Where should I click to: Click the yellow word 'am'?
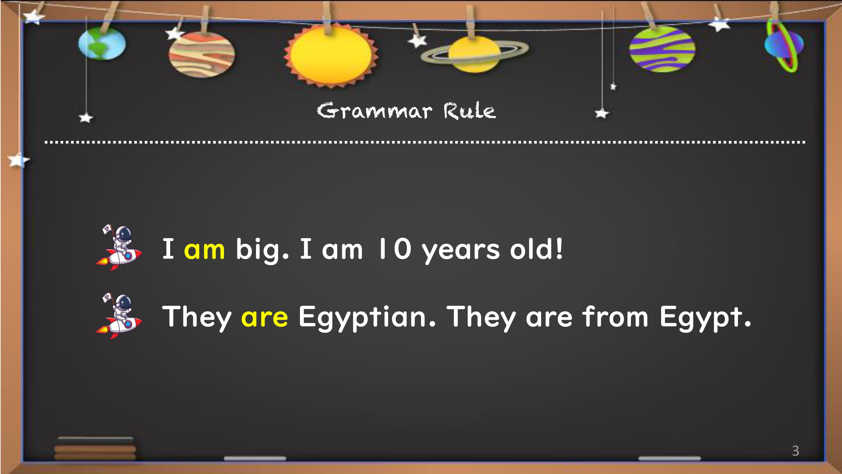(204, 250)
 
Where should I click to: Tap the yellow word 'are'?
(265, 317)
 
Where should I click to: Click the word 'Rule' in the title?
(469, 111)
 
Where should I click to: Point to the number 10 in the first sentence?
(394, 249)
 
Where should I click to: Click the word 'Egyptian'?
(367, 317)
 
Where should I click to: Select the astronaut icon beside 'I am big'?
(118, 248)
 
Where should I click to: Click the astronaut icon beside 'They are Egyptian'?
(118, 316)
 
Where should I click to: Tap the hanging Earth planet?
(102, 44)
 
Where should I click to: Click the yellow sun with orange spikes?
(331, 55)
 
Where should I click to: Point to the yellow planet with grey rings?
(474, 54)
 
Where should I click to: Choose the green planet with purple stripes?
(662, 49)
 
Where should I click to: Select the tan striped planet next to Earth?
(202, 54)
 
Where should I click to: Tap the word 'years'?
(461, 251)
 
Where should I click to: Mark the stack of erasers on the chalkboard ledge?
(95, 448)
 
